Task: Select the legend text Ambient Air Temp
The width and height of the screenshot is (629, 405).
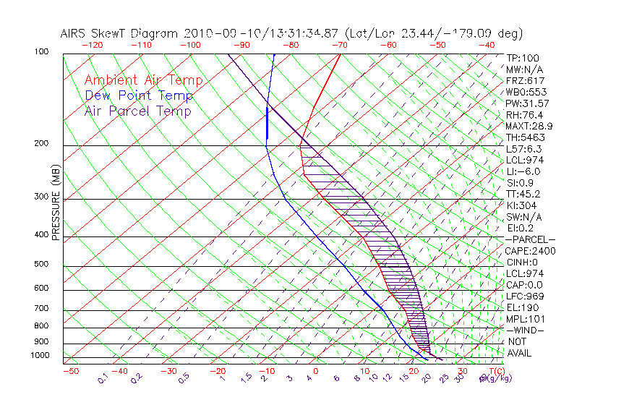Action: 143,80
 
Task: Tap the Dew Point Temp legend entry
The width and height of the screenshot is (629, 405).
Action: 138,95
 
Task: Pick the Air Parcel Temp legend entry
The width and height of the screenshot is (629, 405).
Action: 137,111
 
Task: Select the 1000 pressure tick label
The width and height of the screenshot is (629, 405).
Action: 41,356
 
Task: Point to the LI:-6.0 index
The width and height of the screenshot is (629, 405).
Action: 523,171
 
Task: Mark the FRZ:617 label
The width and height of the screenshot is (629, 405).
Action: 525,80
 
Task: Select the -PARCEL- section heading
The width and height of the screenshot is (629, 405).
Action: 530,239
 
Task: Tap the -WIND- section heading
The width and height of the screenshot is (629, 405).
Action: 525,330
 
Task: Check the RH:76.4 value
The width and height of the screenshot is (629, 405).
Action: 524,115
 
